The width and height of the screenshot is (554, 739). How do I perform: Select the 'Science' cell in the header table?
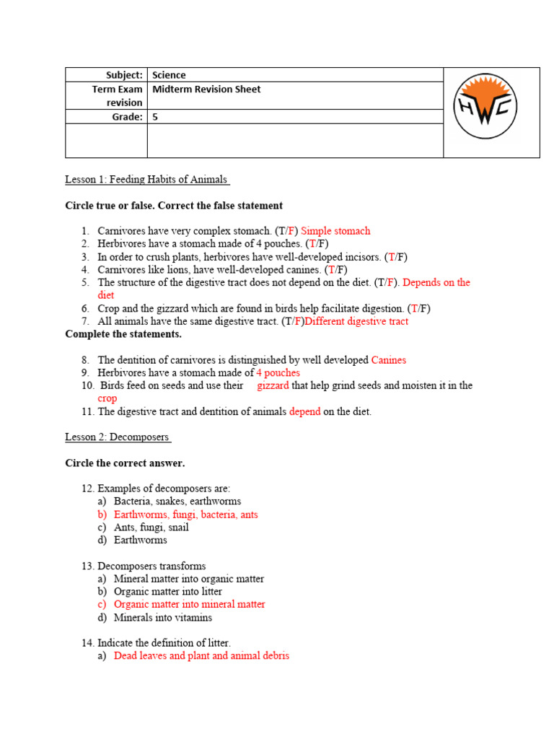pos(169,75)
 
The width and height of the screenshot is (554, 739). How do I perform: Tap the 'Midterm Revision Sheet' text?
pos(206,89)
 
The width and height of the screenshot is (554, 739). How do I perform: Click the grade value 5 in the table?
pos(155,117)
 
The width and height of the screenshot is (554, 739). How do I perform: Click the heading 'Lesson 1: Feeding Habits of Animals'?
pos(147,180)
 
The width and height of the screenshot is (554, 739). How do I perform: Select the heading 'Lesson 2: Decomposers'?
pos(118,437)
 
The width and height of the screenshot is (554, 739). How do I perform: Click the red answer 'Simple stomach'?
pos(335,231)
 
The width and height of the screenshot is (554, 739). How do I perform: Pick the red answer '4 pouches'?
pos(278,373)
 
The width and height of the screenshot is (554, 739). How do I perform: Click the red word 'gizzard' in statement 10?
pos(273,386)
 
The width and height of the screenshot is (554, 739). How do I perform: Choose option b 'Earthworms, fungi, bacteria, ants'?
pos(185,515)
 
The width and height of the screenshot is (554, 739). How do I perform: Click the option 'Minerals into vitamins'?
pos(162,618)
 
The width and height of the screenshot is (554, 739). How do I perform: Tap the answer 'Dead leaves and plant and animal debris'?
pos(201,656)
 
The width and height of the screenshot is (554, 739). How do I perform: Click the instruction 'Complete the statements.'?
pos(123,334)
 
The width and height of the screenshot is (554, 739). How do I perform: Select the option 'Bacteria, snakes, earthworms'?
pos(177,502)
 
